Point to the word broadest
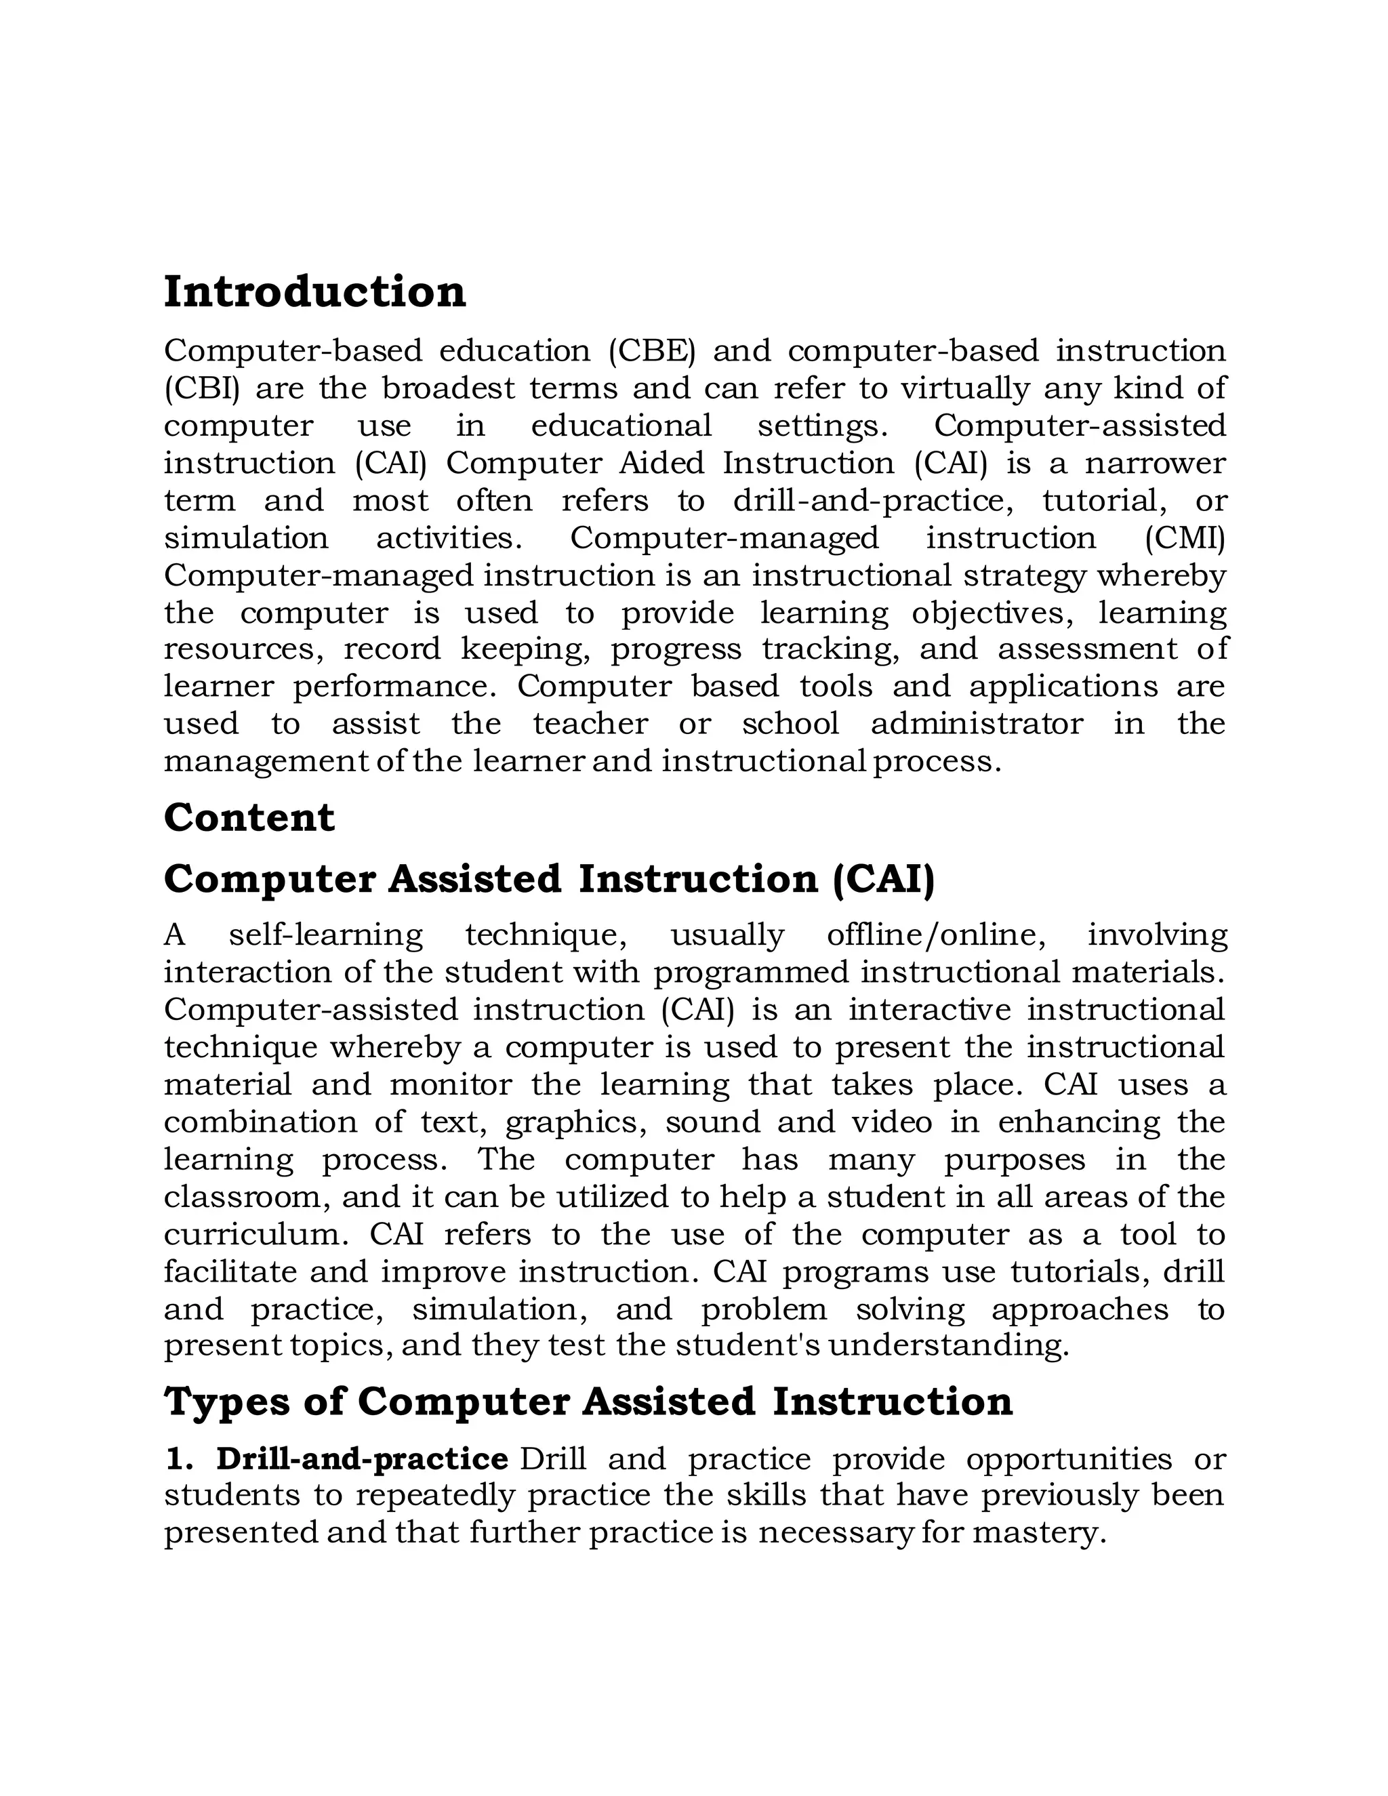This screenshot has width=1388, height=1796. [x=447, y=388]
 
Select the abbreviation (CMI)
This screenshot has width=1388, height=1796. [x=1184, y=538]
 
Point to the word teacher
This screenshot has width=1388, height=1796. [x=590, y=724]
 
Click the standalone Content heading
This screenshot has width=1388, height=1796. [x=249, y=817]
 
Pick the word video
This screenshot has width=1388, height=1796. [x=891, y=1122]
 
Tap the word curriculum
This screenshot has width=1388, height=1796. [x=258, y=1234]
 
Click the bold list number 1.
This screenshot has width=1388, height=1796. [x=178, y=1459]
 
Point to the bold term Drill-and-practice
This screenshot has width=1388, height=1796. [x=362, y=1459]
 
